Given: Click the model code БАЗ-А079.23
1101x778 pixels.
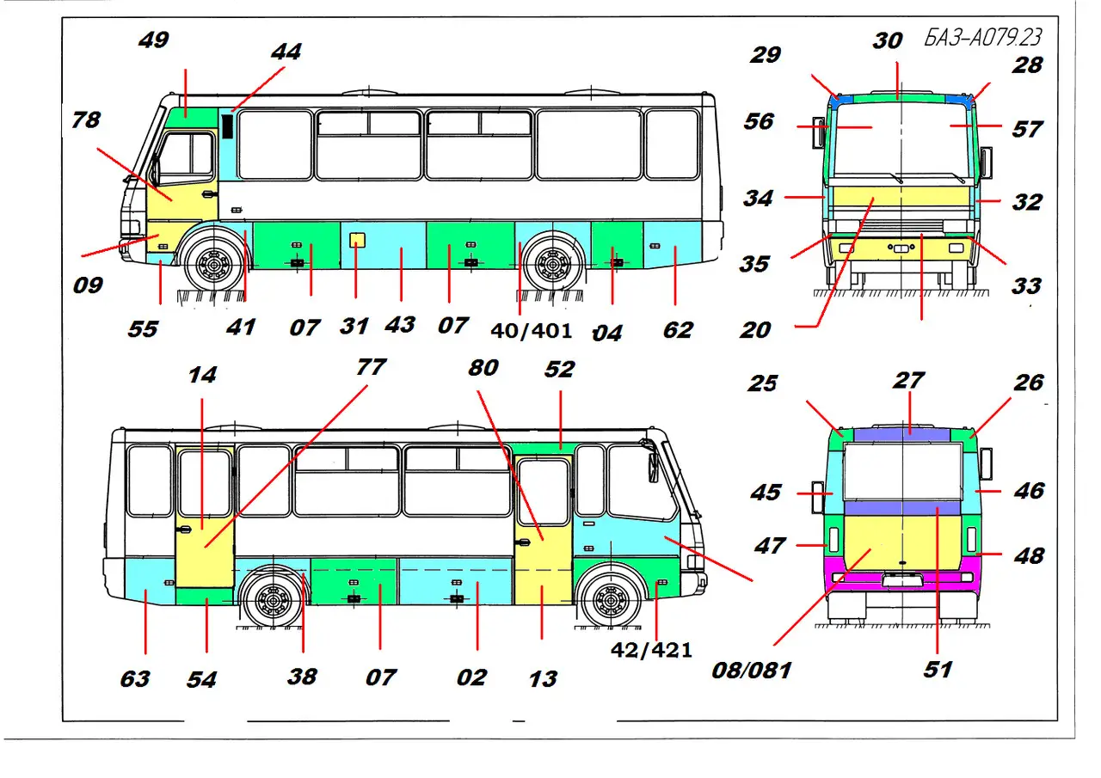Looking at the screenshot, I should coord(983,38).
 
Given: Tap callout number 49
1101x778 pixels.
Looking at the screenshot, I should coord(154,40).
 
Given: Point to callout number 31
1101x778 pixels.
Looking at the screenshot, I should coord(354,327).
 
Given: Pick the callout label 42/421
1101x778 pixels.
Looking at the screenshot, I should coord(651,650).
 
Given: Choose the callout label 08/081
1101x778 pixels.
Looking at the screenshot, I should coord(751,669).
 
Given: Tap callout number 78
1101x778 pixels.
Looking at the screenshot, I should coord(86,119).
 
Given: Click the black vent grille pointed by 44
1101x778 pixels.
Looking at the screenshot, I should coord(228,126).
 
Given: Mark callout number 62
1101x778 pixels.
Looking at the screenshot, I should coord(678,329).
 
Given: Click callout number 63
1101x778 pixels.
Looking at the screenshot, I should coord(135,678).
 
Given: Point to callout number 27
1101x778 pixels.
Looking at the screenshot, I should coord(909,380).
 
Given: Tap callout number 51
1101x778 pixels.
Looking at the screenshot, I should coord(938,669).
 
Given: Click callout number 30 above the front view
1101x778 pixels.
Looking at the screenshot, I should coord(889,40).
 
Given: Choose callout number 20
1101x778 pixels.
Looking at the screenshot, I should coord(755,329).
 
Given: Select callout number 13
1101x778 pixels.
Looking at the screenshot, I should coord(543,678).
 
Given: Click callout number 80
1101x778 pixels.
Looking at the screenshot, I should coord(483,368).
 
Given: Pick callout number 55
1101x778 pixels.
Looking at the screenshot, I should coord(144,329).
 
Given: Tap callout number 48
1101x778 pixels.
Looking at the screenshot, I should coord(1029,555).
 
